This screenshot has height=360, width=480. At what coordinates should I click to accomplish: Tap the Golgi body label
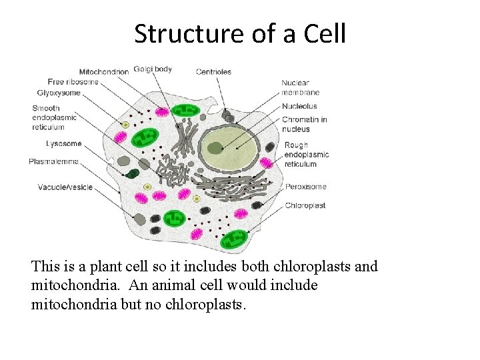click(153, 69)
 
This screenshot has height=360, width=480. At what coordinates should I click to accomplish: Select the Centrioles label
click(213, 72)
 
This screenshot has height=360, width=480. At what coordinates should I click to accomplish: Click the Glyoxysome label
click(59, 93)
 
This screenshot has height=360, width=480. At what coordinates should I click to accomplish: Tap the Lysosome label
click(64, 143)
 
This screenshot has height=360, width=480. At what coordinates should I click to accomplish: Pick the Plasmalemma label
click(54, 161)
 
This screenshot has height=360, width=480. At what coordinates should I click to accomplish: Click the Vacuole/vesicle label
click(65, 187)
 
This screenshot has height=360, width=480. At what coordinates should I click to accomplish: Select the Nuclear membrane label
click(300, 87)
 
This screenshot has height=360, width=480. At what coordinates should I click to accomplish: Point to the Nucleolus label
click(299, 106)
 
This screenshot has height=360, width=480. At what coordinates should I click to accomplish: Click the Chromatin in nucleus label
click(304, 124)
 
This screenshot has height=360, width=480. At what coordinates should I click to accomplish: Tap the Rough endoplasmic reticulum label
click(307, 155)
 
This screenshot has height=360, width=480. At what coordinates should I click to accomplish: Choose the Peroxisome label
click(306, 187)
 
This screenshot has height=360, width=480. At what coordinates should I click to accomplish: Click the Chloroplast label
click(305, 205)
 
